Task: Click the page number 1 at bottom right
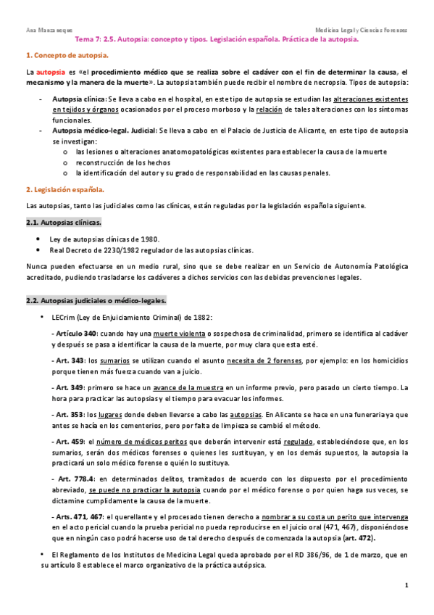point(407,585)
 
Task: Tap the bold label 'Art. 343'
point(70,360)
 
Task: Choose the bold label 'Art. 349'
point(70,387)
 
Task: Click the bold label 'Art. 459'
point(70,442)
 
